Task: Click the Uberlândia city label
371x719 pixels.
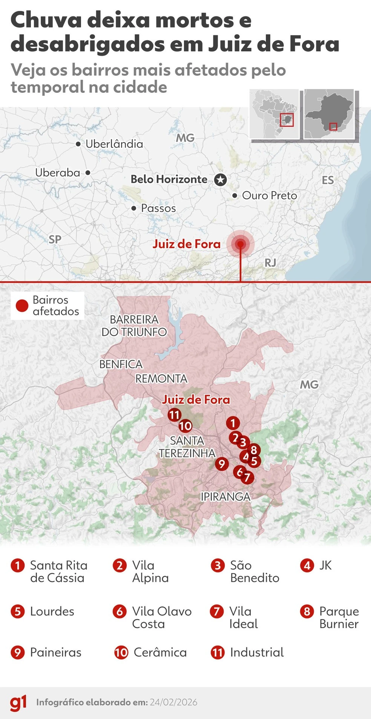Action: click(x=114, y=144)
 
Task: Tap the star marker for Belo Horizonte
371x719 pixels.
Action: click(x=221, y=180)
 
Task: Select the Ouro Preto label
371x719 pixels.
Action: click(x=269, y=195)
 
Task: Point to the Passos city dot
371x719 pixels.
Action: click(x=134, y=208)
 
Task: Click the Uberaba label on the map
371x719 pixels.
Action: click(x=58, y=173)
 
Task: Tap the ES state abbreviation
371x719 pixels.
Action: click(x=328, y=180)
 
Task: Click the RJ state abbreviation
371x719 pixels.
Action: click(x=270, y=263)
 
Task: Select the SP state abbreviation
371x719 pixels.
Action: click(x=55, y=239)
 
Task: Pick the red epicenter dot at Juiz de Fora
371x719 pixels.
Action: click(x=241, y=244)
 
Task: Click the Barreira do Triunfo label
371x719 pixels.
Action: click(x=134, y=326)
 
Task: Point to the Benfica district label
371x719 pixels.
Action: click(x=121, y=364)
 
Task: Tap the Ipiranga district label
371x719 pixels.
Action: click(x=225, y=496)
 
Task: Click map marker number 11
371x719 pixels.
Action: click(x=174, y=415)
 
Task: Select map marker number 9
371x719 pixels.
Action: click(x=222, y=464)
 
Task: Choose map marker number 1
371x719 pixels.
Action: click(x=233, y=423)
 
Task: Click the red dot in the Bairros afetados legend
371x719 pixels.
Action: click(x=22, y=306)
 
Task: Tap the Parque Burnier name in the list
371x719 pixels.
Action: click(x=339, y=617)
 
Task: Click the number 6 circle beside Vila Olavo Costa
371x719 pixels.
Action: click(x=120, y=611)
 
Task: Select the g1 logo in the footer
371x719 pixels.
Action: click(x=18, y=703)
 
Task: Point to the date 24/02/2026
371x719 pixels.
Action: click(x=173, y=702)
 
